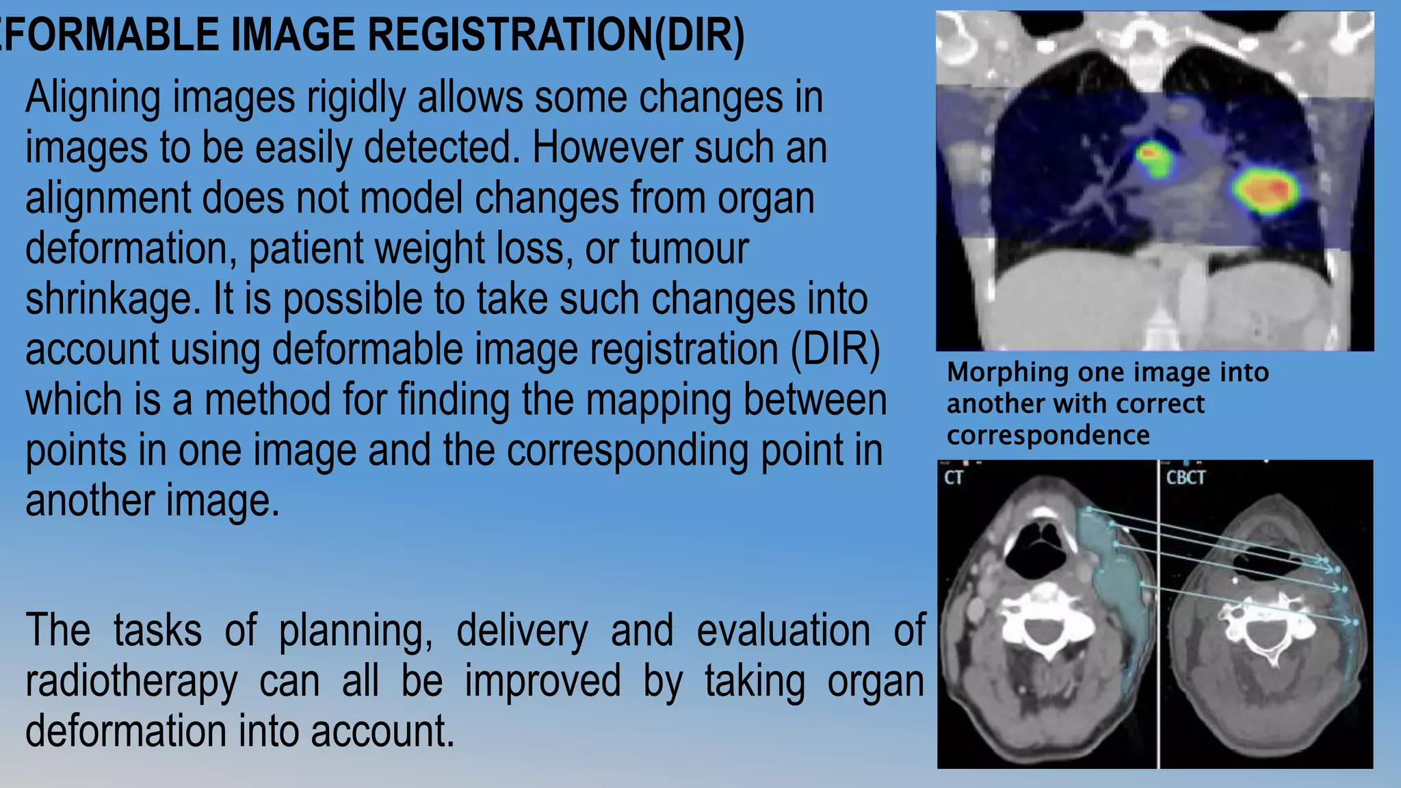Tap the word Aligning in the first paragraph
click(92, 98)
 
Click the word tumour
click(689, 248)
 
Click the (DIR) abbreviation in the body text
click(835, 350)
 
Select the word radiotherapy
click(131, 681)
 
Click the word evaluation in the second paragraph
click(783, 631)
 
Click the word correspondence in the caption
click(1048, 436)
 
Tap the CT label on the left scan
click(954, 477)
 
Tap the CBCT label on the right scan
click(1186, 477)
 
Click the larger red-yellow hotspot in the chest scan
click(1266, 192)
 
